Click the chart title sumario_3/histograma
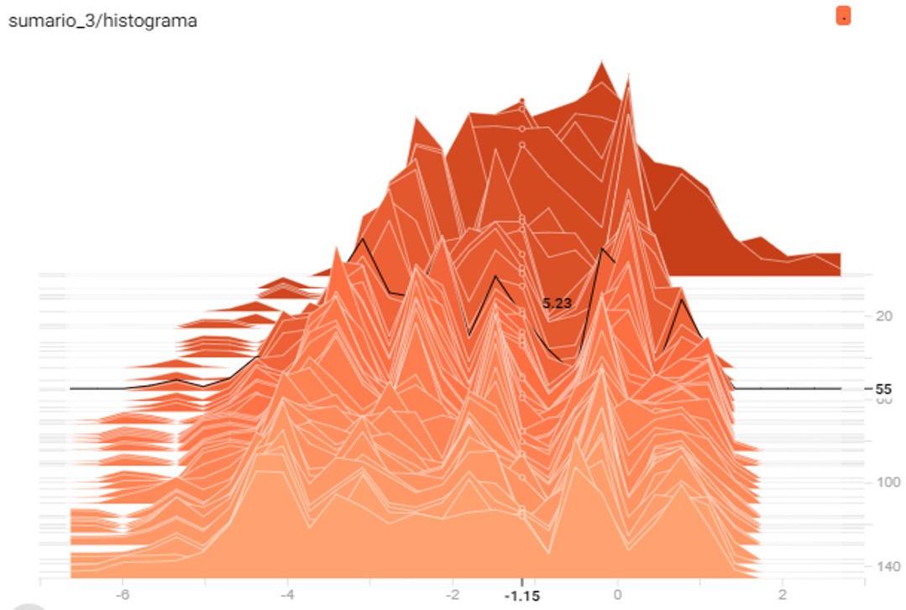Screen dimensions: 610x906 pyautogui.click(x=102, y=21)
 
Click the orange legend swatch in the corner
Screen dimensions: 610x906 pyautogui.click(x=843, y=15)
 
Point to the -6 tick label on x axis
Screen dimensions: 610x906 pyautogui.click(x=123, y=594)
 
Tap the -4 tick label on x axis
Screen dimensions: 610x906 pyautogui.click(x=287, y=594)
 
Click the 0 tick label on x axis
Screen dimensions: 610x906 pyautogui.click(x=617, y=594)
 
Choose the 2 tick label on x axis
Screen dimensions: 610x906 pyautogui.click(x=782, y=594)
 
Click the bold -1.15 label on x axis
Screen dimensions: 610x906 pyautogui.click(x=521, y=596)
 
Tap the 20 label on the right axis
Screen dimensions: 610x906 pyautogui.click(x=883, y=316)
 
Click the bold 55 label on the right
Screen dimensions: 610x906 pyautogui.click(x=882, y=389)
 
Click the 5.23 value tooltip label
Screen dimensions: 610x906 pyautogui.click(x=557, y=304)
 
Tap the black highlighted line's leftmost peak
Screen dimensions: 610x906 pyautogui.click(x=363, y=239)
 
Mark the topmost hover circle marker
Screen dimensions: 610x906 pyautogui.click(x=521, y=100)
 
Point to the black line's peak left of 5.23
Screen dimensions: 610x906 pyautogui.click(x=495, y=276)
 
